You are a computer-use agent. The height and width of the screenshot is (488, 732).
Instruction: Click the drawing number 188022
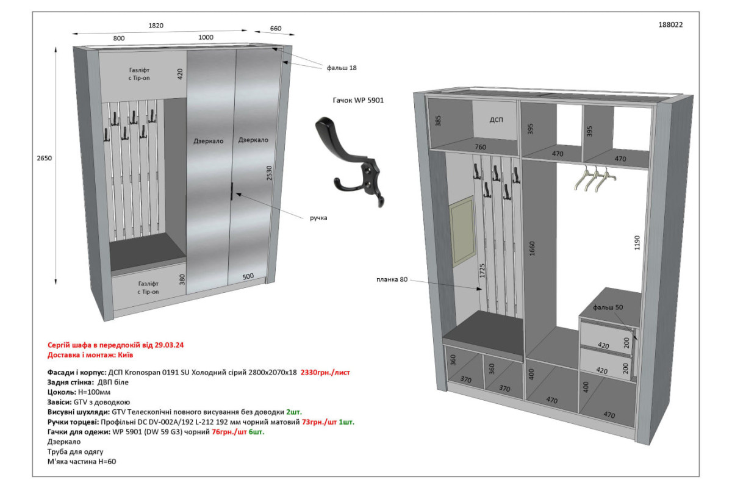pos(670,25)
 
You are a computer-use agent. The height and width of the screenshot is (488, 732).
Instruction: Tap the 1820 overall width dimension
pos(156,26)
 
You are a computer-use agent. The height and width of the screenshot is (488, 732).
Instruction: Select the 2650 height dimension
pos(44,158)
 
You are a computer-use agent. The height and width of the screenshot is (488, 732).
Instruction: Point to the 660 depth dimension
pos(276,29)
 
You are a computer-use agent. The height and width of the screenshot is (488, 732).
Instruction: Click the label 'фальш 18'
pos(342,68)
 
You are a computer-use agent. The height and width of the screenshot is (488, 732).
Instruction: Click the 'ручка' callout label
pos(318,218)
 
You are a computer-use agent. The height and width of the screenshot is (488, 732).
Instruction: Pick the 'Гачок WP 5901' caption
pos(358,101)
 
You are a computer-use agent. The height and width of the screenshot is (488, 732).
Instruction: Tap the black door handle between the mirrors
pos(232,191)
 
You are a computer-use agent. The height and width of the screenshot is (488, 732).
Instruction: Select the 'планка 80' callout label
pos(392,279)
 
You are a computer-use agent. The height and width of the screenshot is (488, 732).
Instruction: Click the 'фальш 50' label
pos(608,307)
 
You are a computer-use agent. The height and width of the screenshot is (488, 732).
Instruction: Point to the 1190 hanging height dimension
pos(637,243)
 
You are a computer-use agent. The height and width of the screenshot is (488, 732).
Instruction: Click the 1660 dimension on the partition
pos(532,248)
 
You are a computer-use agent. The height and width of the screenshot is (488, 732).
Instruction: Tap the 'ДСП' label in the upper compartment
pos(496,120)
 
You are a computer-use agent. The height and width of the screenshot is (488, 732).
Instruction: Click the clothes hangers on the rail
pos(595,178)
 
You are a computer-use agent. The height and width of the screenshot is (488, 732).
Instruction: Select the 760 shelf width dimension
pos(481,147)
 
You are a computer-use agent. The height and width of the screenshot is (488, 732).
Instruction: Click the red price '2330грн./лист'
pos(325,373)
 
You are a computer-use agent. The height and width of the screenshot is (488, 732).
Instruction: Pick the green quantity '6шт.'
pos(257,432)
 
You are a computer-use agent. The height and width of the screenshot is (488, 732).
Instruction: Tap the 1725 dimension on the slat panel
pos(482,271)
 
